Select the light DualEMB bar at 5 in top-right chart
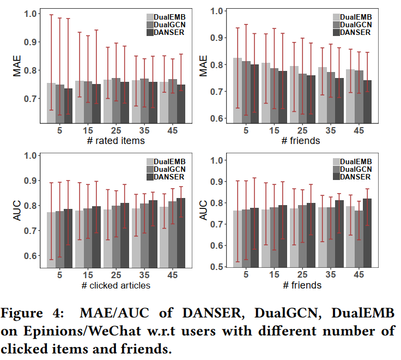point(238,90)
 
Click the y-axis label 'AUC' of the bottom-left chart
point(16,213)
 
